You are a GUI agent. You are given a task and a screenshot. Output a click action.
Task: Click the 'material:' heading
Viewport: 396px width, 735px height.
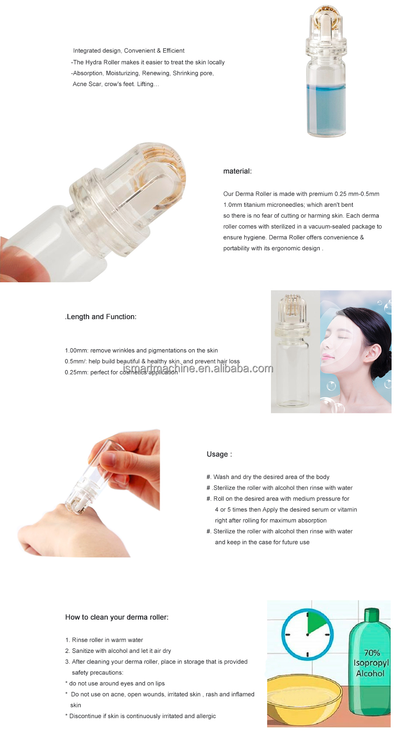(237, 171)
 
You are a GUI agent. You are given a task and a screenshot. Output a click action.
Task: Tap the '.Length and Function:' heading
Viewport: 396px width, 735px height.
(101, 317)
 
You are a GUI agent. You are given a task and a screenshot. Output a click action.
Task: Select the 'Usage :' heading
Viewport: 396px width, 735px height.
(219, 454)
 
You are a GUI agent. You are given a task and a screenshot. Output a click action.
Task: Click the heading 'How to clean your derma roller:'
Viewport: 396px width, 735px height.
(117, 617)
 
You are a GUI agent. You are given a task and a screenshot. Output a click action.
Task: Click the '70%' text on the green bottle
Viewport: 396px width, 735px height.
(372, 653)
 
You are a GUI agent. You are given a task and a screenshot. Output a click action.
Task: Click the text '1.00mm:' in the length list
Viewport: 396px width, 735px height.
(76, 351)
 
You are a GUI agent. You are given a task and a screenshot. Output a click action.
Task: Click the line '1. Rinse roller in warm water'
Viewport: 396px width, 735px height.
(104, 640)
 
